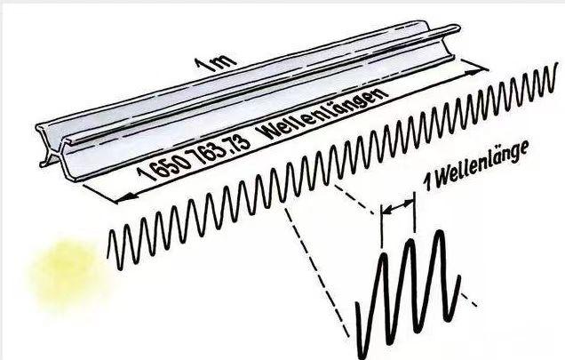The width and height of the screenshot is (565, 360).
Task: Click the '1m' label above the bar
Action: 216,64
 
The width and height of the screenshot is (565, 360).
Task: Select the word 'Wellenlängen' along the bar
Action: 322,113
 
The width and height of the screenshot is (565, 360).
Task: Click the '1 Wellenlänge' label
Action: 476,165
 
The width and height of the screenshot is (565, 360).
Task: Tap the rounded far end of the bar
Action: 455,28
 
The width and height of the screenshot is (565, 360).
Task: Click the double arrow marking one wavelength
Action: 398,206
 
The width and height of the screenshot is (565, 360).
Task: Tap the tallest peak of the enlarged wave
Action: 439,233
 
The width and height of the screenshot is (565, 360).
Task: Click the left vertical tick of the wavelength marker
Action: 381,227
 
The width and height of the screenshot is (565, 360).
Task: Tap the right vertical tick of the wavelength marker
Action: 414,212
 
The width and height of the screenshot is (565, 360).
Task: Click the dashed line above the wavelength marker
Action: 354,199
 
